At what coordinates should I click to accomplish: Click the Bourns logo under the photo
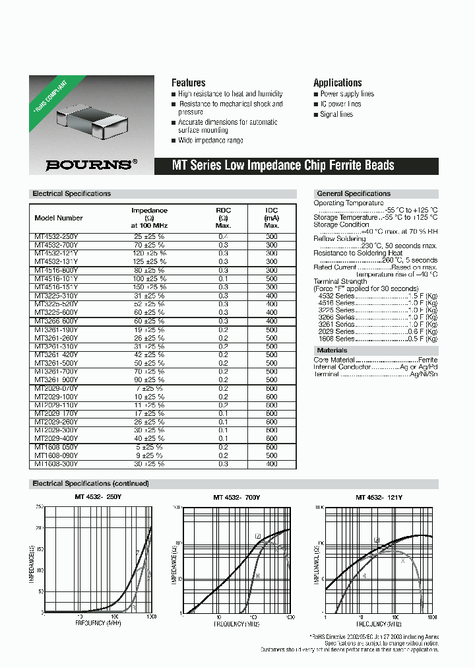(x=88, y=165)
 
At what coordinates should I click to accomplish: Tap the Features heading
(x=188, y=83)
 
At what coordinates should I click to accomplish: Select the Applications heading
(x=337, y=83)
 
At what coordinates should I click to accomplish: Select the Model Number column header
(x=59, y=218)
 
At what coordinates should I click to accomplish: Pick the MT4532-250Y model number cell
(x=56, y=236)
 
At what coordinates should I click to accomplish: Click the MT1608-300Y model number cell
(x=56, y=464)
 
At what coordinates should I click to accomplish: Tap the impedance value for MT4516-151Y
(x=149, y=287)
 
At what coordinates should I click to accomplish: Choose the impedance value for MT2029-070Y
(x=149, y=388)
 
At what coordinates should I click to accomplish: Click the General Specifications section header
(x=354, y=193)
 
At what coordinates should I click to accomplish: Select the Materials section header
(x=332, y=351)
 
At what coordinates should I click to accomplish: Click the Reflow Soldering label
(x=339, y=239)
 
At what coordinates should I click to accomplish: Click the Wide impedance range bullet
(x=210, y=141)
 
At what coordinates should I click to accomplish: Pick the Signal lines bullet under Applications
(x=336, y=114)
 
